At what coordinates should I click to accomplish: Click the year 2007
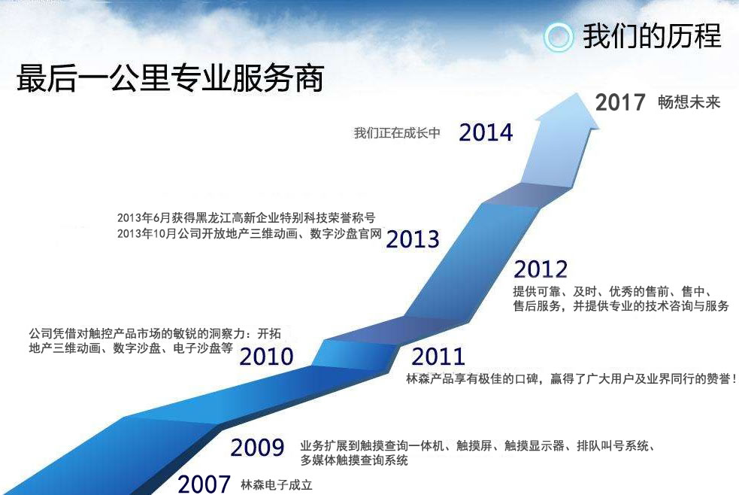pos(204,484)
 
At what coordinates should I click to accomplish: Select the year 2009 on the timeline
pos(257,448)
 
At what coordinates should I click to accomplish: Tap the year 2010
pos(266,357)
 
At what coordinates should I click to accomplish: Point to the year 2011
pos(438,357)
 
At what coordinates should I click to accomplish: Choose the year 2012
pos(541,269)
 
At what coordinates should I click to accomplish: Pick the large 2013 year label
pos(413,239)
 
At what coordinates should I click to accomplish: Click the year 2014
pos(486,132)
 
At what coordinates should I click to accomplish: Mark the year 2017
pos(620,102)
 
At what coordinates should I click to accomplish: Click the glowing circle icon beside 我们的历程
pos(558,38)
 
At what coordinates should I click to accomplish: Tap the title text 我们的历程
pos(652,36)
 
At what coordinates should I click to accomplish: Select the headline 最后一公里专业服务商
pos(170,77)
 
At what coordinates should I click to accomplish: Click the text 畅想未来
pos(689,102)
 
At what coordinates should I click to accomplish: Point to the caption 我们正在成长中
pos(397,133)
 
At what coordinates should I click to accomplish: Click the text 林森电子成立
pos(276,485)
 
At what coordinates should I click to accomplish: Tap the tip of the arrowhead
pos(577,93)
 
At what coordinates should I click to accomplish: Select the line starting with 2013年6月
pos(246,218)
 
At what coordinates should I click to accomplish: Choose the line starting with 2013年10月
pos(250,234)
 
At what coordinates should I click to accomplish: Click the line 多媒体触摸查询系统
pos(354,460)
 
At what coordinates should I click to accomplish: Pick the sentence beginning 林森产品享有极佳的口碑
pos(571,379)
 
